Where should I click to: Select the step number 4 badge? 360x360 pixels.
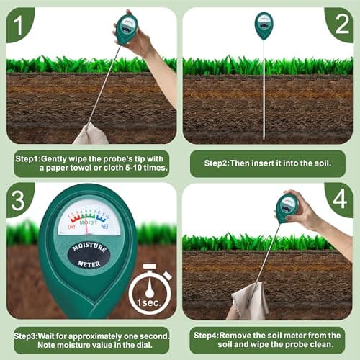(x=338, y=199)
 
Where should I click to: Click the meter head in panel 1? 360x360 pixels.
(x=127, y=29)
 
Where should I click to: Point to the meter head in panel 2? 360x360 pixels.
(x=264, y=25)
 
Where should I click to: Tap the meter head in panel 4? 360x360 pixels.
(x=287, y=207)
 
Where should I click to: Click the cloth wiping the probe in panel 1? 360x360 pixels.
(x=91, y=134)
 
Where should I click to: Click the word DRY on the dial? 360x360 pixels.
(x=72, y=227)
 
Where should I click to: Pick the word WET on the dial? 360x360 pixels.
(x=106, y=227)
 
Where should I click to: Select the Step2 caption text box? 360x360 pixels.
(x=267, y=163)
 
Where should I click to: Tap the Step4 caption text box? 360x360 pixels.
(x=267, y=339)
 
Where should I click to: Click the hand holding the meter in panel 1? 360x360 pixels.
(x=144, y=40)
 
